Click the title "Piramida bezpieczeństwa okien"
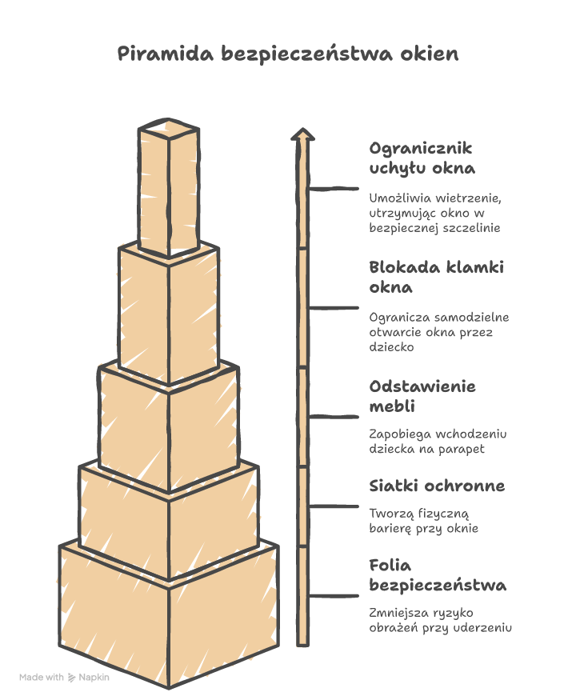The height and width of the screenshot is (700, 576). [288, 54]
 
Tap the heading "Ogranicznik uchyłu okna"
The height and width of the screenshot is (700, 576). [422, 158]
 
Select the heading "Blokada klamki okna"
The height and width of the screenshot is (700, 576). [436, 277]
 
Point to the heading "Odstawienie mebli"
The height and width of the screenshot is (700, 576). [422, 396]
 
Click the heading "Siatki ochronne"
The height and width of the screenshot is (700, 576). [437, 486]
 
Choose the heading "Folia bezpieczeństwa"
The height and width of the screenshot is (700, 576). [438, 575]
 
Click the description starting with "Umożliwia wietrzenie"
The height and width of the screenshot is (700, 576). [435, 213]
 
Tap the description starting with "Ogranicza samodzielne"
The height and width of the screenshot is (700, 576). [439, 332]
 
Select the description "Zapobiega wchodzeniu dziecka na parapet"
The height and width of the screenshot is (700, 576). [438, 442]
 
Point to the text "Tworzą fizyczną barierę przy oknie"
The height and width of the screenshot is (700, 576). [423, 521]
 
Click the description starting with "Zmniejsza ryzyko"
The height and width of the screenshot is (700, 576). [440, 620]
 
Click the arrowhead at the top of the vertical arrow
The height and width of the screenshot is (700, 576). [302, 134]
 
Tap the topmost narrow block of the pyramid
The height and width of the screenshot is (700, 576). [169, 187]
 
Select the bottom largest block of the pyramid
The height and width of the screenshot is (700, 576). [169, 614]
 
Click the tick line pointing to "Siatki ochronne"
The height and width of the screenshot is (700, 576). [333, 506]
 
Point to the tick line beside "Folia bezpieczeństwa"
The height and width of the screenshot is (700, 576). [333, 596]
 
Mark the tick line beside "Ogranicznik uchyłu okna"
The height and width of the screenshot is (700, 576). [333, 189]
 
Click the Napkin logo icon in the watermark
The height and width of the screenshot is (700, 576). [71, 678]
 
